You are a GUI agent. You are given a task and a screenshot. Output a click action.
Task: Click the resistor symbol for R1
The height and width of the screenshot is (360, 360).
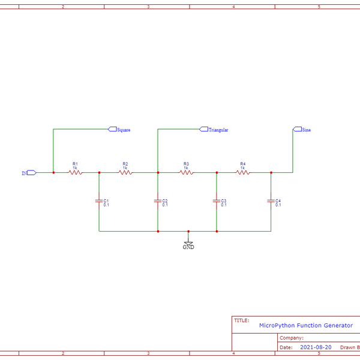pos(75,173)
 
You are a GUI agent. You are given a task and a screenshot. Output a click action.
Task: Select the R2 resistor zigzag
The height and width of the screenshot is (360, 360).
pos(125,173)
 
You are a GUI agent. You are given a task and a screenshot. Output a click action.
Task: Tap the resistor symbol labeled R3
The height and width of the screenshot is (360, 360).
pos(186,173)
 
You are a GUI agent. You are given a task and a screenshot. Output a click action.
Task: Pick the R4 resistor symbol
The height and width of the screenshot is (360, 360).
pos(242,173)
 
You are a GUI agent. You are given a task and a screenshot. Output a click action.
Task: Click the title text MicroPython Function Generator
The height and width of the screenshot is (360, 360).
pos(305,325)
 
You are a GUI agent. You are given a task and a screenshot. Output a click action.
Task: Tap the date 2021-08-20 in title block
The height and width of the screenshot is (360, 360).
pos(316,347)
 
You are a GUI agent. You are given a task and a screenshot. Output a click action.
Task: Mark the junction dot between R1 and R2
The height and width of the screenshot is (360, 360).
pos(99,173)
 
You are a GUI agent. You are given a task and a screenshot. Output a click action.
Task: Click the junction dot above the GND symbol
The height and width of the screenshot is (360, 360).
pos(188,231)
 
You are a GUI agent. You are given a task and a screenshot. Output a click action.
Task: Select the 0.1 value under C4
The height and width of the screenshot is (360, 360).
pos(278,205)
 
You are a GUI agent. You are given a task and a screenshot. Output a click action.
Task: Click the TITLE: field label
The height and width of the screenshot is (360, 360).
pos(241,320)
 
